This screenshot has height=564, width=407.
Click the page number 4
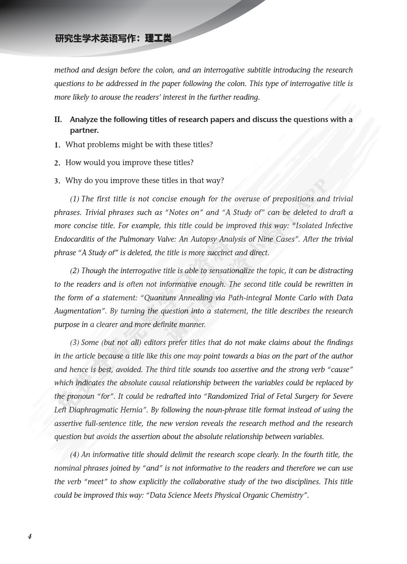pos(30,536)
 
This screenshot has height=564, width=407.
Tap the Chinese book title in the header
pos(113,39)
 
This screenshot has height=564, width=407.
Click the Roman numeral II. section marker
pos(58,120)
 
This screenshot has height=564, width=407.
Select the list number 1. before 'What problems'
pos(57,145)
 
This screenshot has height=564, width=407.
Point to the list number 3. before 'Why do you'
pos(57,181)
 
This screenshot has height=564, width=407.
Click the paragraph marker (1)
pos(75,199)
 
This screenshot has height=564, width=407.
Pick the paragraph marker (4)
pos(75,455)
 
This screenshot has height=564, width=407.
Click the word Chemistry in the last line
pos(286,495)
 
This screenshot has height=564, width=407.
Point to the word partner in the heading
pos(84,130)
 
